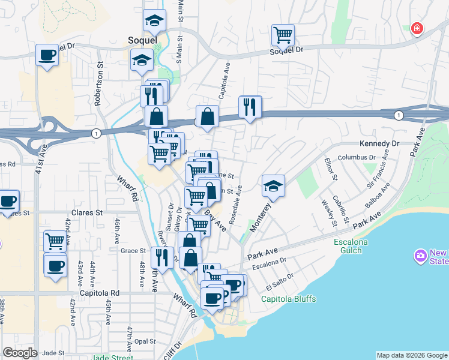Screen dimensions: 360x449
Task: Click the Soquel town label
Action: (142, 40)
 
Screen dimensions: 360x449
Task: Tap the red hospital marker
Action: (416, 28)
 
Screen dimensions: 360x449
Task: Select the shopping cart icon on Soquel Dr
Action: (282, 34)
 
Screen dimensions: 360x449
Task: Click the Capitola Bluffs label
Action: (288, 299)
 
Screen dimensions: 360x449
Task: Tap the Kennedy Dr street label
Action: (379, 144)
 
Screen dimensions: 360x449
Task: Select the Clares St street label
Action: (88, 212)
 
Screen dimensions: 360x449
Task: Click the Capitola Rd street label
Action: (100, 293)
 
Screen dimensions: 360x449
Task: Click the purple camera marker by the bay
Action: (420, 256)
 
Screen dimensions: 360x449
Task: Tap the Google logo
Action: (20, 353)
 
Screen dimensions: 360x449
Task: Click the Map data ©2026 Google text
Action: (411, 355)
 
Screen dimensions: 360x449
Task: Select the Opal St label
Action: (145, 341)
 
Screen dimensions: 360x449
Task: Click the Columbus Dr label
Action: (357, 157)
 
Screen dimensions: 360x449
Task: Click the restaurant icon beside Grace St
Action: (161, 257)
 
